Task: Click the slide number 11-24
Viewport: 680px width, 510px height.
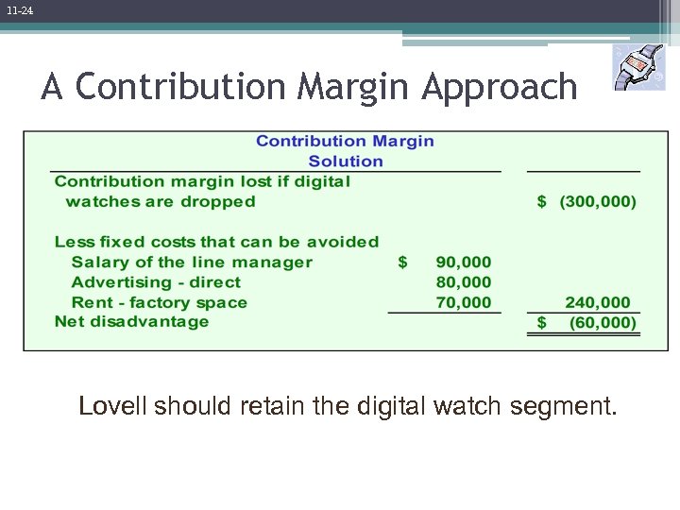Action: [x=18, y=10]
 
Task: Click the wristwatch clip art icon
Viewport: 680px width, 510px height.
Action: [x=638, y=68]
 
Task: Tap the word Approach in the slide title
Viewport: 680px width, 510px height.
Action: [x=499, y=87]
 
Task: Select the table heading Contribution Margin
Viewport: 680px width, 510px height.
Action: [x=345, y=141]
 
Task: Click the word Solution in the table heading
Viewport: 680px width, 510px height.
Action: [x=346, y=161]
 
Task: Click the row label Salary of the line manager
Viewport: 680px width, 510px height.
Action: [x=191, y=263]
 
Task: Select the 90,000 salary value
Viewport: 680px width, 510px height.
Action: [x=463, y=263]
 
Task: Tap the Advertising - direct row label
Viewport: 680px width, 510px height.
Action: [x=156, y=282]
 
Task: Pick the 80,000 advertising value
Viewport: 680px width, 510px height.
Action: [x=463, y=282]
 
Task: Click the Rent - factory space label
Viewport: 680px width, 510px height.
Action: [x=159, y=302]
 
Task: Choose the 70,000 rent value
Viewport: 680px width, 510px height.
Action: [x=463, y=302]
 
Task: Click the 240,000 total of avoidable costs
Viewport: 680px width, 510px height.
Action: [x=597, y=302]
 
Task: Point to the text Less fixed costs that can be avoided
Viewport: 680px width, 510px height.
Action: [x=216, y=243]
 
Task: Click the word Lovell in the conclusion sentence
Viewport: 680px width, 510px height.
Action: [x=112, y=407]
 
